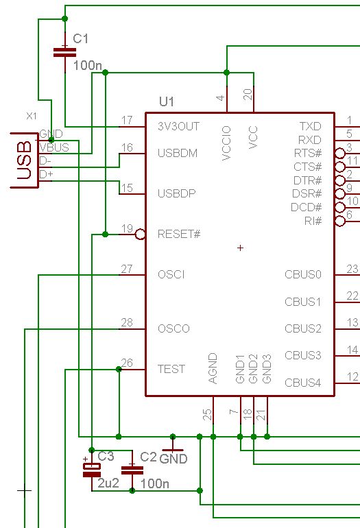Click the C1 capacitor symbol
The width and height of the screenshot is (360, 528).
pos(65,52)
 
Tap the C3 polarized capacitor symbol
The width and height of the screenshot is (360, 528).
pos(92,470)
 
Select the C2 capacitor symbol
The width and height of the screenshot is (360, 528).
pos(132,470)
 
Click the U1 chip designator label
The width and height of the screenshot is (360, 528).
pos(167,101)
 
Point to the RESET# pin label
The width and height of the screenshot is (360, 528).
pos(179,234)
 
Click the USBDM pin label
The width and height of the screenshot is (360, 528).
pos(178,153)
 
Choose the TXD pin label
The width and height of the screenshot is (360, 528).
pos(311,126)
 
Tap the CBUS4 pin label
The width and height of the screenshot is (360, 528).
pos(303,383)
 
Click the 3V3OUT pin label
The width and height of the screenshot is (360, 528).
pos(178,126)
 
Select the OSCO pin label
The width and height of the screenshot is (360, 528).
pos(173,328)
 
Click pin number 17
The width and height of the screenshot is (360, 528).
pos(127,120)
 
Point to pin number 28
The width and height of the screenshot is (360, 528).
pos(127,322)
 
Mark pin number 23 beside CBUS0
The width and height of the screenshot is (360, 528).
pos(352,269)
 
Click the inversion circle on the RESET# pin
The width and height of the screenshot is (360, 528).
pos(140,235)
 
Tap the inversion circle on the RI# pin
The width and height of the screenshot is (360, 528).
pos(340,221)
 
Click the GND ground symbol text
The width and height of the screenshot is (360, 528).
pos(173,459)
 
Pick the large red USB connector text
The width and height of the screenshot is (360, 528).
pos(25,160)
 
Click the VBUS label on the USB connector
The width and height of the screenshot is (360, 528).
pos(54,147)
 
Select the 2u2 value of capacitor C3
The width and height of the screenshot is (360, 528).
pos(108,483)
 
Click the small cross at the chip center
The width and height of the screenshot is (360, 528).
pos(240,248)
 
